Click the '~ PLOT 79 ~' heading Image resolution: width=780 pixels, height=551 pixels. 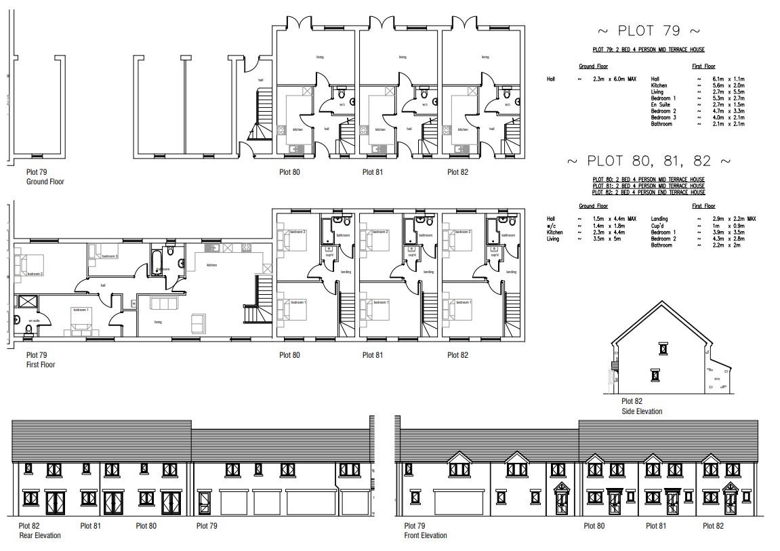pos(648,31)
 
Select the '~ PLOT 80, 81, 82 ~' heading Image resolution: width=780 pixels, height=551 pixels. pos(649,161)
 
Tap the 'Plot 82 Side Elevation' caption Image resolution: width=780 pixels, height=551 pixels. pos(641,407)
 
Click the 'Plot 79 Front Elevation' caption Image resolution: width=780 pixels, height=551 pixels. pos(425,531)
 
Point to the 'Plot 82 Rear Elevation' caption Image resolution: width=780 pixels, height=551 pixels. pos(39,531)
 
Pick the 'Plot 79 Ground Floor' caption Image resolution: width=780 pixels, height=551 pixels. pos(45,177)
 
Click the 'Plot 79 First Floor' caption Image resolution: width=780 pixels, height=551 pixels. pos(41,360)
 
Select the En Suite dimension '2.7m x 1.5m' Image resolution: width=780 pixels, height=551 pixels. pos(726,105)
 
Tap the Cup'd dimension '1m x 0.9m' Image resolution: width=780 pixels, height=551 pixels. pos(724,226)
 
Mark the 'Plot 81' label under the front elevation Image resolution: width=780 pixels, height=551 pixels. pos(656,526)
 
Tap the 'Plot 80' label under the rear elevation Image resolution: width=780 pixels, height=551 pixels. pos(146,525)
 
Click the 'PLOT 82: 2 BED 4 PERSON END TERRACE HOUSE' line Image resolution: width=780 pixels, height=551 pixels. pos(649,192)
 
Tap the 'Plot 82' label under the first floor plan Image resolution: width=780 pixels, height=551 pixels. pos(457,355)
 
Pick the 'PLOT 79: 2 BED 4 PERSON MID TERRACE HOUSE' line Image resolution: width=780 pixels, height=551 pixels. pos(649,50)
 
